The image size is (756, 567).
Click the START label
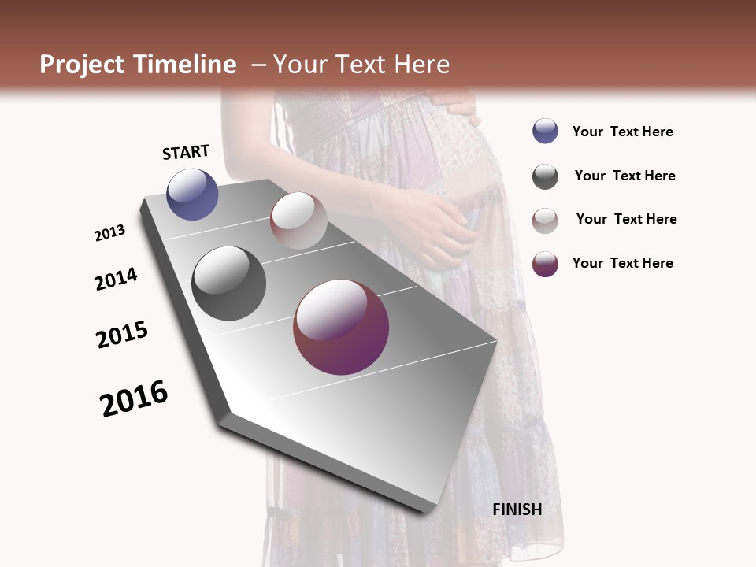point(186,152)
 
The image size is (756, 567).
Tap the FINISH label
point(517,510)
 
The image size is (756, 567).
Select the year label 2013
point(109,233)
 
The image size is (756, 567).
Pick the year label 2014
point(116,279)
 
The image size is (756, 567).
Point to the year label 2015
point(122,335)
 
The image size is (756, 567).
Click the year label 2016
point(134,398)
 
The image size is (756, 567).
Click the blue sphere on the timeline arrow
point(192,194)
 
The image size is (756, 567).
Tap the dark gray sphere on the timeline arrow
point(228,283)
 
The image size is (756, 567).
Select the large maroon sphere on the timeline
point(341,327)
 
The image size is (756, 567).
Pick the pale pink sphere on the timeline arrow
point(298,220)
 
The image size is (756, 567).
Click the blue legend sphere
point(545,132)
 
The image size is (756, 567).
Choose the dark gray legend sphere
point(545,176)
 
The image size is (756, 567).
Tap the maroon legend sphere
point(545,264)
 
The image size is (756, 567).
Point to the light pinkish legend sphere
point(545,220)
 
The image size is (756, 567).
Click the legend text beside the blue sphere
point(622,132)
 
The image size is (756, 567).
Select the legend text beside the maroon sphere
point(622,263)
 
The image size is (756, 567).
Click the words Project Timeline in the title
point(138,65)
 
